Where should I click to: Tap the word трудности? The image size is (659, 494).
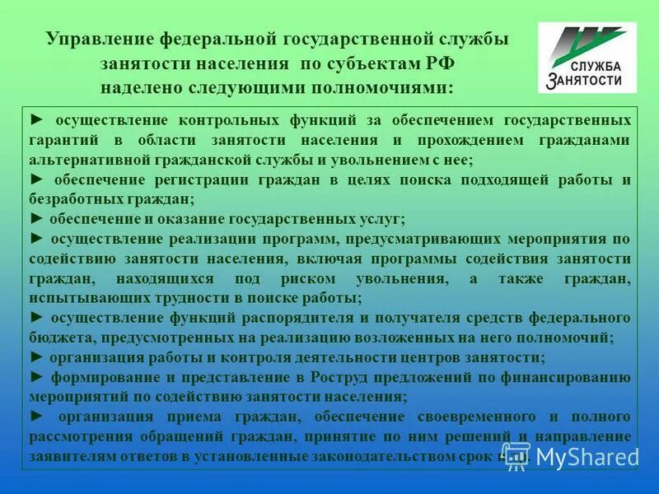point(182,298)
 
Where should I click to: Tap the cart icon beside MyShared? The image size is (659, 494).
point(516,455)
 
